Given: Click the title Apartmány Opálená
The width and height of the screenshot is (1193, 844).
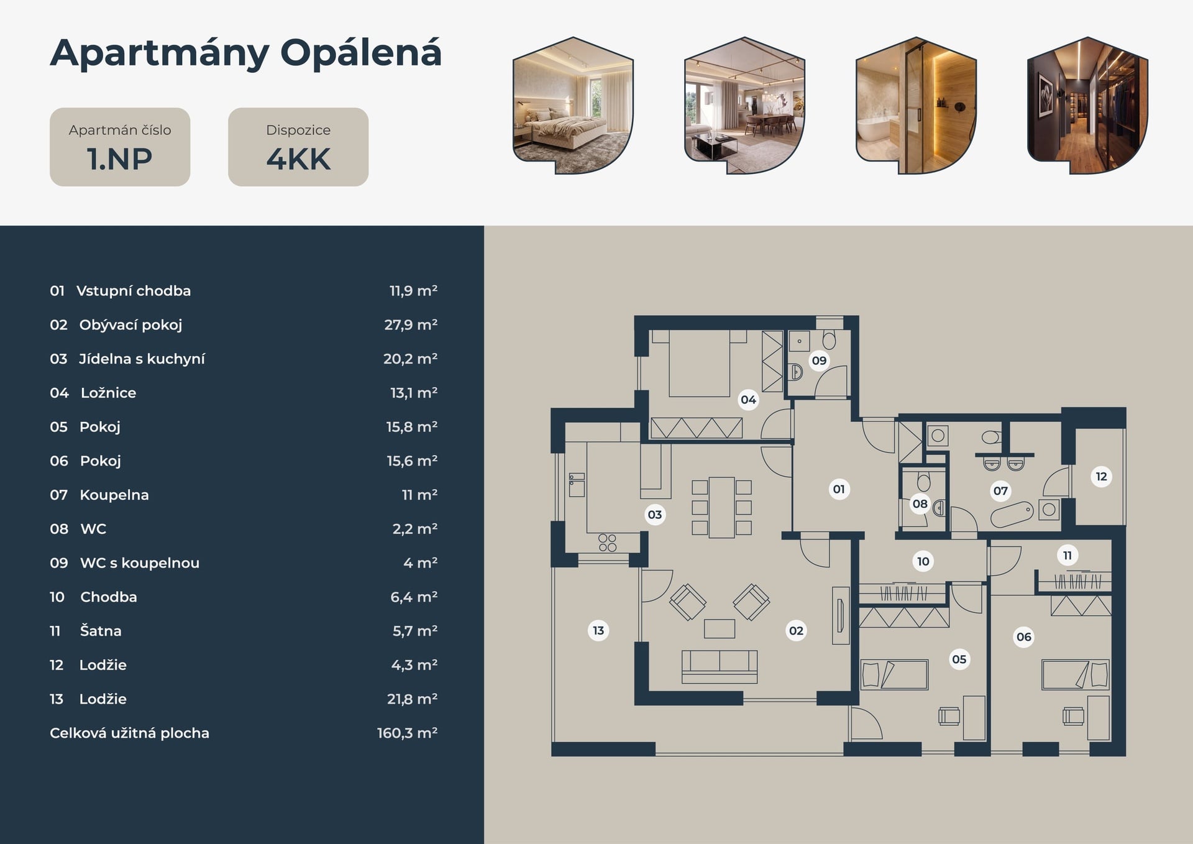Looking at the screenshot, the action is click(245, 54).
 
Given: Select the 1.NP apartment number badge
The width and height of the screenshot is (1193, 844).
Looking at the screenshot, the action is click(120, 147).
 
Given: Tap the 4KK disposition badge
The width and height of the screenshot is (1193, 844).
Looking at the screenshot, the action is click(298, 147).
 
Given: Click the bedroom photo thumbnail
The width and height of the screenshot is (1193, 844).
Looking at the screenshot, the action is click(573, 106).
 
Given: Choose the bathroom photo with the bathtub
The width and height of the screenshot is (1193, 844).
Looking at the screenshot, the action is click(916, 106).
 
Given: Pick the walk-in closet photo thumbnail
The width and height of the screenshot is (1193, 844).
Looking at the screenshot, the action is click(1087, 106).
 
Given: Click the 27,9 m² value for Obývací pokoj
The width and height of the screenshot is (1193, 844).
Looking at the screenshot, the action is click(411, 325).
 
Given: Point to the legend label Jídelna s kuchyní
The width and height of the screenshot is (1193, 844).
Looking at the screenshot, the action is click(142, 359).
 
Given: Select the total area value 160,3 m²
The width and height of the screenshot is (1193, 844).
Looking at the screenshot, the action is click(407, 733).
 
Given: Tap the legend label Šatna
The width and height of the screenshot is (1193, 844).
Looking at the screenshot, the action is click(101, 631).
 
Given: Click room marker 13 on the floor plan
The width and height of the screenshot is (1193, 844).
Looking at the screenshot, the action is click(598, 630).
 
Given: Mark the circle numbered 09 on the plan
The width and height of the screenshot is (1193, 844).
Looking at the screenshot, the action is click(819, 360).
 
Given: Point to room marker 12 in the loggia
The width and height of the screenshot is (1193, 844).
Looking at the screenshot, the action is click(1101, 477).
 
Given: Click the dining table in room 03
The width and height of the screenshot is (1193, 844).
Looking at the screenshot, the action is click(722, 507).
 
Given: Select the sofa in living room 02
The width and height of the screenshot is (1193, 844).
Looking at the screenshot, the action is click(720, 667).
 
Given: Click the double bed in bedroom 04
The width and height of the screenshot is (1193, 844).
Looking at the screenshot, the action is click(699, 364).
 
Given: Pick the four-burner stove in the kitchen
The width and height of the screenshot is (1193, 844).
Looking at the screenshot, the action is click(608, 543).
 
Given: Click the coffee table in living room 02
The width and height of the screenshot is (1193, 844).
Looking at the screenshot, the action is click(720, 628).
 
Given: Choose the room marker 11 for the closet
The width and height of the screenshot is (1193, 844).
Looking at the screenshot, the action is click(1067, 555).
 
